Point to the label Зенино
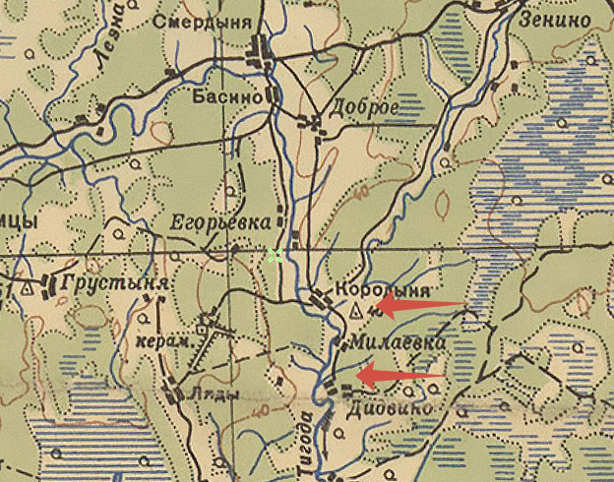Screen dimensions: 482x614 (x=556, y=20)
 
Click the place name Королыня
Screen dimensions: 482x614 (x=384, y=291)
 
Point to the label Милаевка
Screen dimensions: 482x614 (x=389, y=343)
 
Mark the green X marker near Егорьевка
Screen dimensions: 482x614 (x=275, y=256)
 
